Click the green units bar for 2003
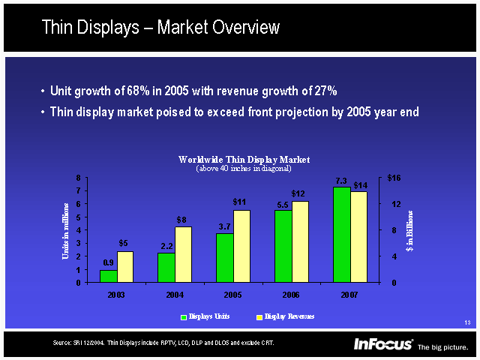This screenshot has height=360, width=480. pos(108,276)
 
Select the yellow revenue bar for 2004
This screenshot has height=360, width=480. pos(183,254)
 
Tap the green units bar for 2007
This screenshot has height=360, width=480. pos(341,234)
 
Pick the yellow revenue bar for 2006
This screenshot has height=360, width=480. pos(300,241)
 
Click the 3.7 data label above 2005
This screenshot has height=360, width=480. pos(224,226)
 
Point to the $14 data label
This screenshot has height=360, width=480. pos(360,184)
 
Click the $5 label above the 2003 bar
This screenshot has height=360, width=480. pos(124,243)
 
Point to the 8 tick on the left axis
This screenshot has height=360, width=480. pos(79,178)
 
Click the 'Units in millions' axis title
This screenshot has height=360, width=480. pos(66,230)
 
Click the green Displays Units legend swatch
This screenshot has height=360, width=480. pos(184,317)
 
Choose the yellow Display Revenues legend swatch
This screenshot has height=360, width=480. pos(259,317)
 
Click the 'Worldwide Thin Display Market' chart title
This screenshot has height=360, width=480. pos(244,160)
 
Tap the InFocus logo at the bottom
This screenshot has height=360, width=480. pos(383,344)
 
